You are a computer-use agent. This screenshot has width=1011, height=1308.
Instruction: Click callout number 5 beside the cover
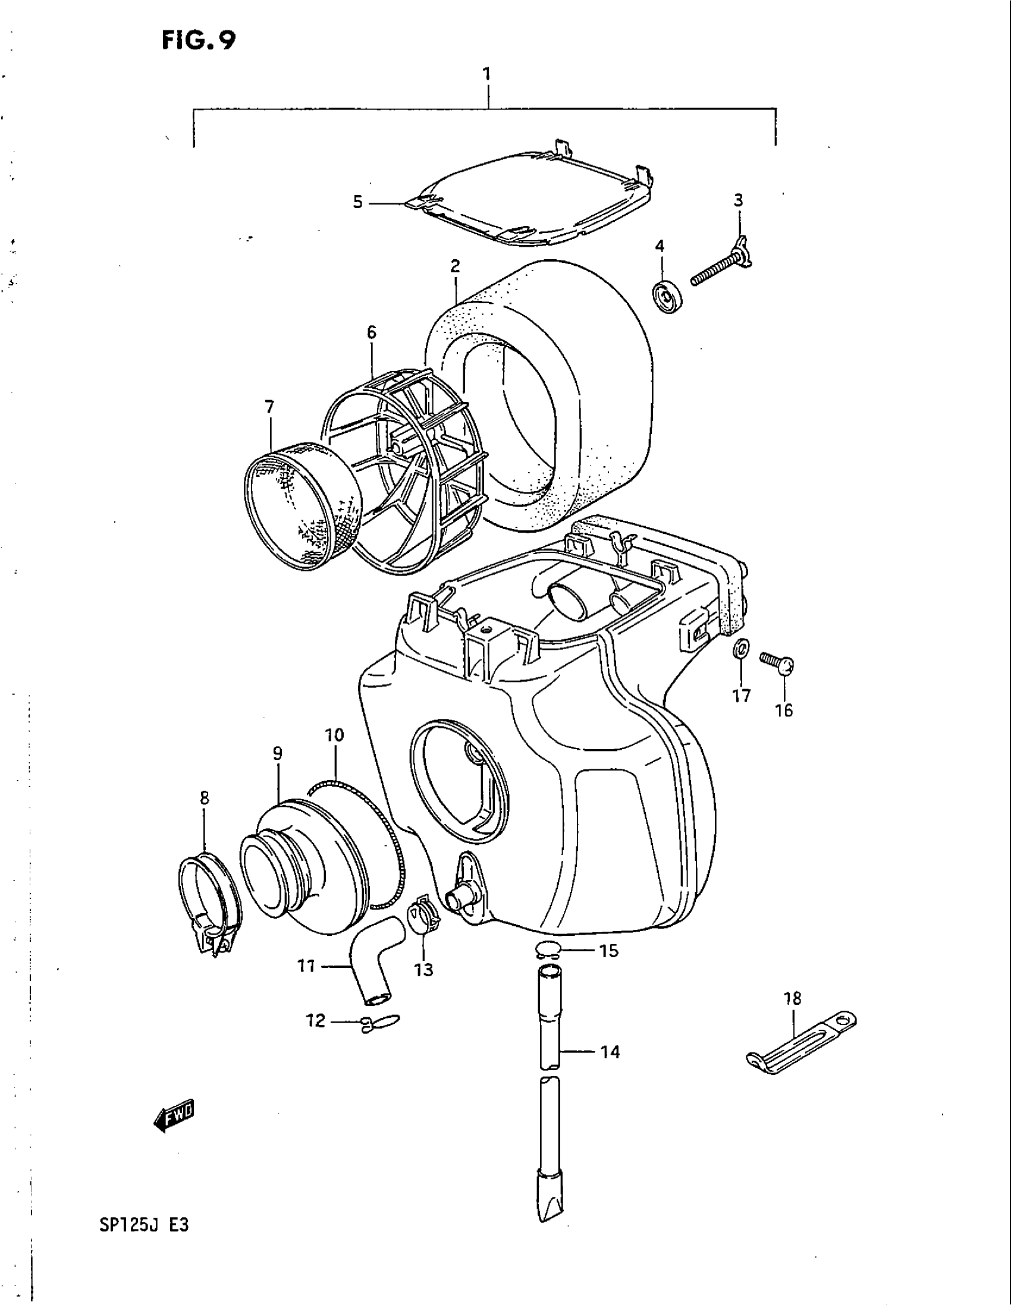[357, 202]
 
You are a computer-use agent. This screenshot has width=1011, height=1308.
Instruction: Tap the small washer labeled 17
[741, 648]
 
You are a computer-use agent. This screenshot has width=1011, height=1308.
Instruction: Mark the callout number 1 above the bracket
[487, 74]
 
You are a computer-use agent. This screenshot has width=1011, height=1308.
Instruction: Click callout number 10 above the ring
[334, 735]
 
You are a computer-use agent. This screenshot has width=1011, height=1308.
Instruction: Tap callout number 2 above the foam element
[455, 266]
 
